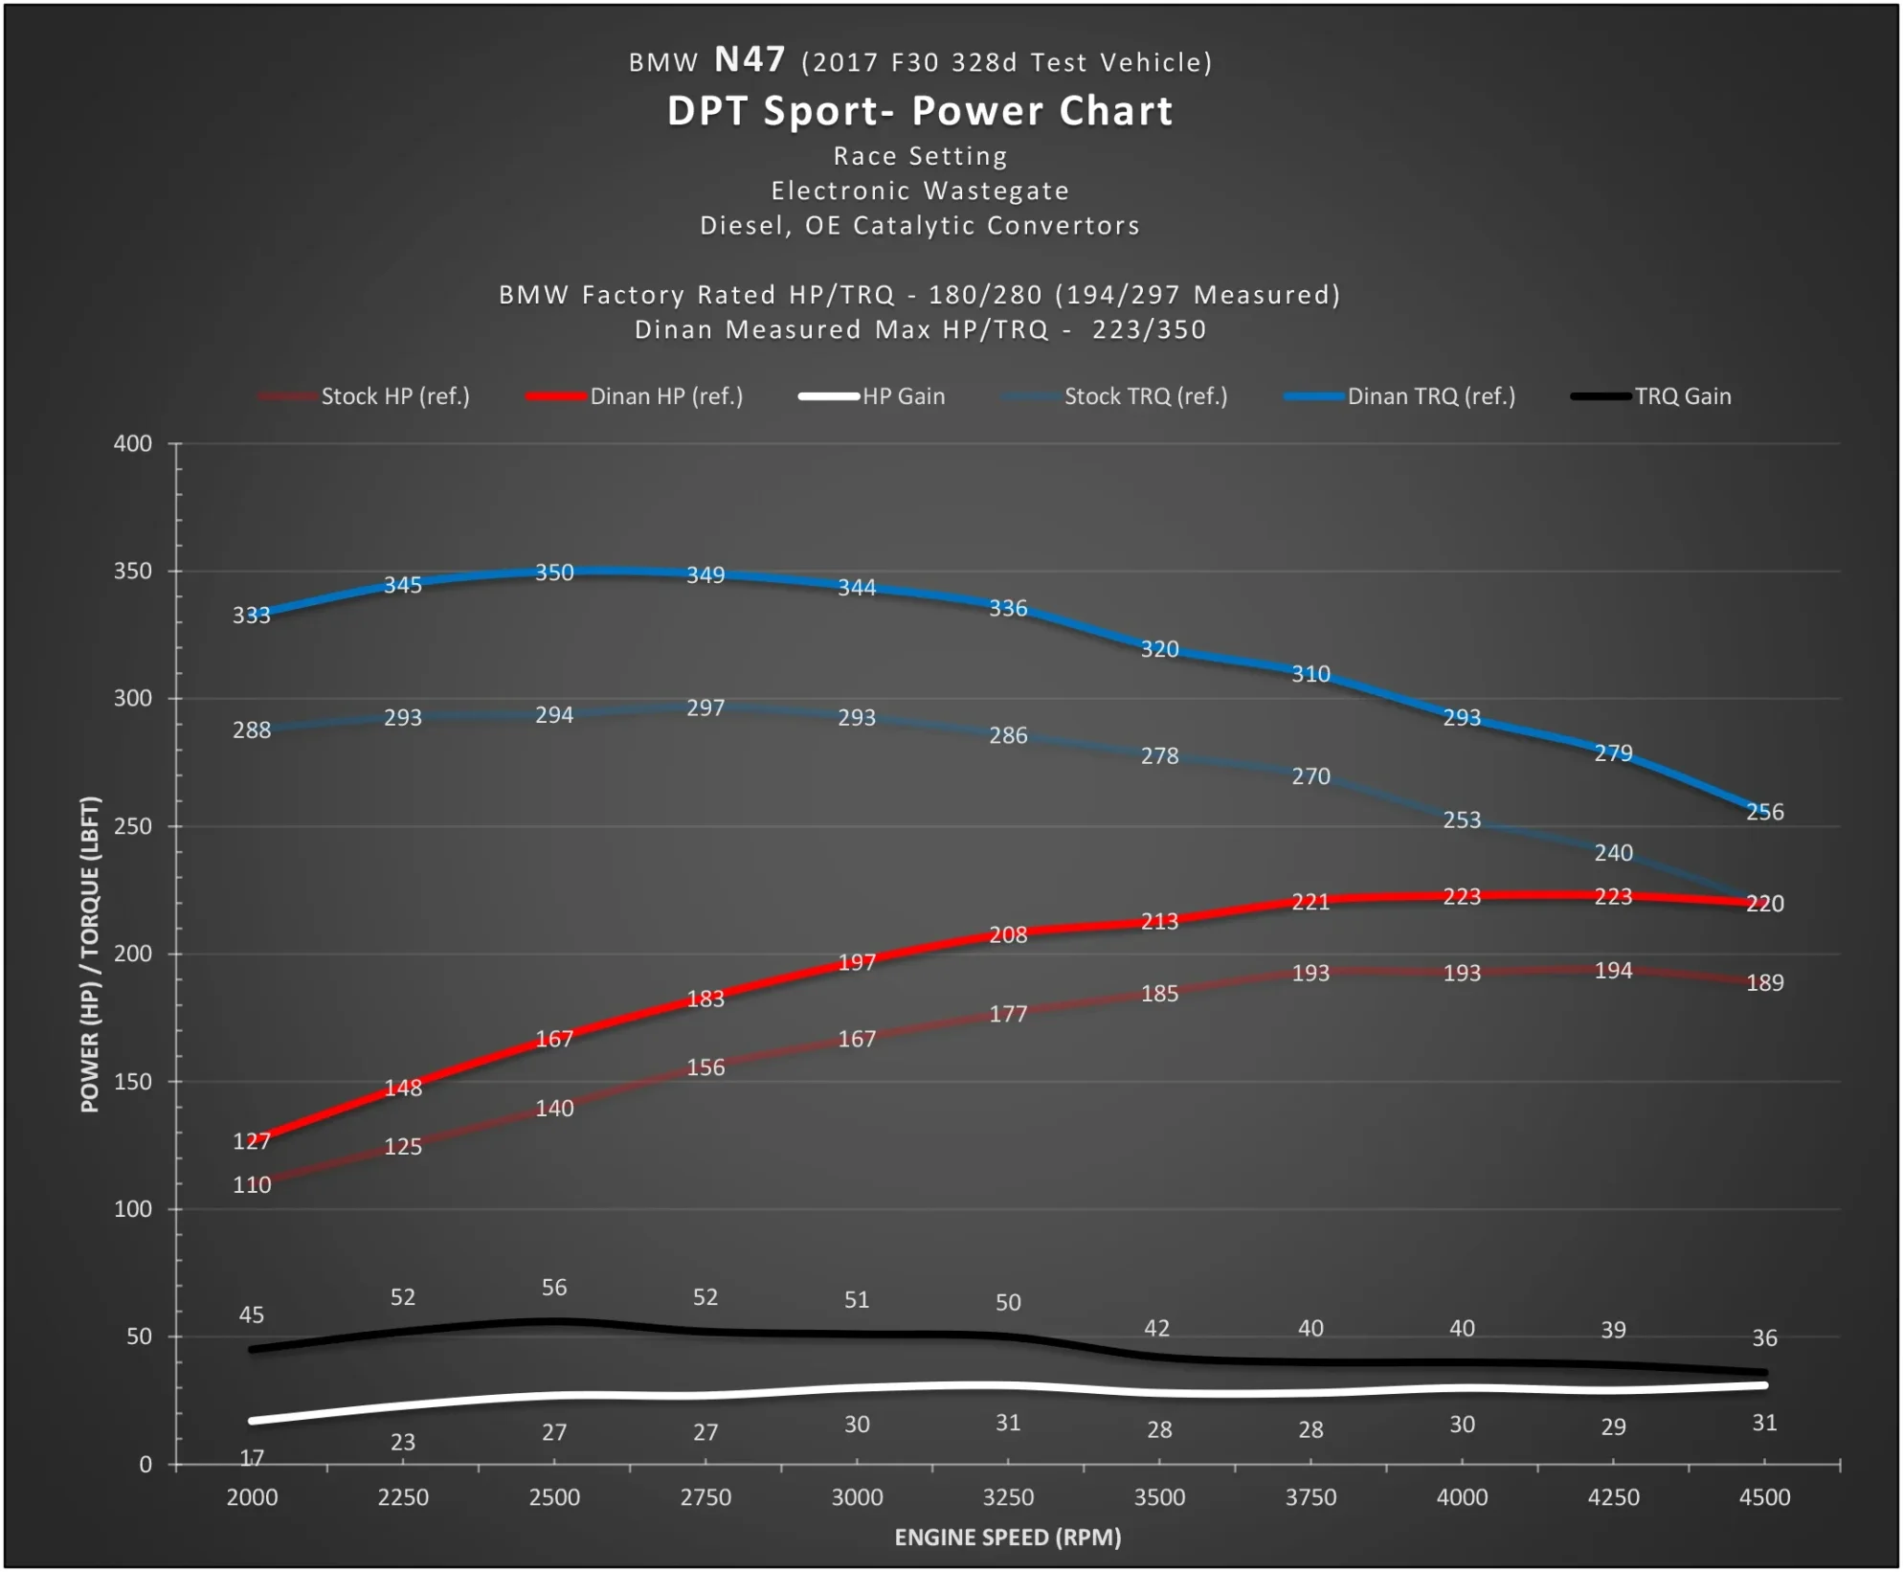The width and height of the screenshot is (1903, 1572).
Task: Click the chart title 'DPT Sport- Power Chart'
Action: pyautogui.click(x=919, y=111)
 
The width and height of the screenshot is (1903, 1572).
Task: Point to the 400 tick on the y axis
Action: pyautogui.click(x=133, y=443)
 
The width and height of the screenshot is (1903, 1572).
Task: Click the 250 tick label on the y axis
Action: pyautogui.click(x=133, y=826)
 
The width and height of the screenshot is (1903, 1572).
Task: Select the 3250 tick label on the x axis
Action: pyautogui.click(x=1008, y=1497)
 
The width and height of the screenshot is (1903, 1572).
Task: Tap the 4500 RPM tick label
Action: pyautogui.click(x=1764, y=1497)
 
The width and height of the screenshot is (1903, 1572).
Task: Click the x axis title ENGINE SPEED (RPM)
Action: pyautogui.click(x=1007, y=1538)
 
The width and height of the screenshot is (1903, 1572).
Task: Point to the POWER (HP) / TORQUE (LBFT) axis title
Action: pyautogui.click(x=90, y=954)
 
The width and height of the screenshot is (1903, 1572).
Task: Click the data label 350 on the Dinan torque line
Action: pyautogui.click(x=554, y=573)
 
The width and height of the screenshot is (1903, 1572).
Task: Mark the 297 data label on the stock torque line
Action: pyautogui.click(x=705, y=707)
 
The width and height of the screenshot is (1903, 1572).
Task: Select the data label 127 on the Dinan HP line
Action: pyautogui.click(x=252, y=1141)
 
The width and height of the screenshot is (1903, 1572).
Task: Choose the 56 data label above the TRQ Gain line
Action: pyautogui.click(x=554, y=1288)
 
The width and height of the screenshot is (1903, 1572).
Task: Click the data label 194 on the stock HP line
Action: pyautogui.click(x=1613, y=971)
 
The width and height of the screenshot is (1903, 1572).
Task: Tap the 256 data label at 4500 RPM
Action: pyautogui.click(x=1764, y=812)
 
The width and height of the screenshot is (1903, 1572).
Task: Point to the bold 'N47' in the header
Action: pyautogui.click(x=750, y=60)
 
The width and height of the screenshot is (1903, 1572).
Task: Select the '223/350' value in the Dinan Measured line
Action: pyautogui.click(x=1149, y=330)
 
